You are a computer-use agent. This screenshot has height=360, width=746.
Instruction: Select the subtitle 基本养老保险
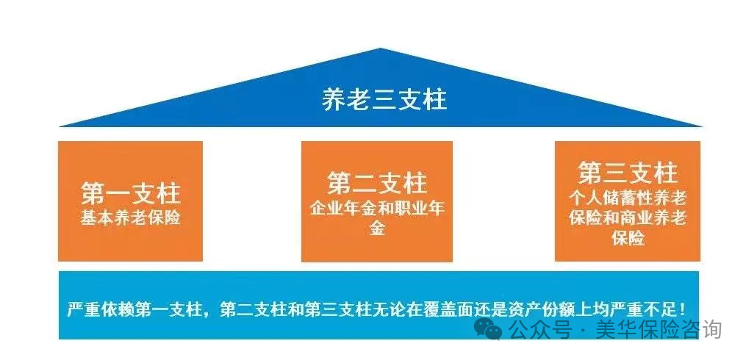pos(130,218)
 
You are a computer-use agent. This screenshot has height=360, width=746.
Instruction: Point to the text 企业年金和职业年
pos(377,207)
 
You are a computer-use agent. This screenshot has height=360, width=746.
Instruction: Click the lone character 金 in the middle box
pos(377,228)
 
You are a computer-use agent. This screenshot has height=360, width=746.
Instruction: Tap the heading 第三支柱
pos(627,174)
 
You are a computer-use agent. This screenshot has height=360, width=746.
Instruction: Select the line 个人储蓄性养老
pos(627,198)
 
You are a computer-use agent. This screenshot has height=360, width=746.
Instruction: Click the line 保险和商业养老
pos(627,218)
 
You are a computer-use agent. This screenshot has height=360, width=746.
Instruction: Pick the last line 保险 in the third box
pos(627,239)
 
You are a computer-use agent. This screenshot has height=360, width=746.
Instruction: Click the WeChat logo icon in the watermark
pos(489,328)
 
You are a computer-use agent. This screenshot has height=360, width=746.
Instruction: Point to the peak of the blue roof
pos(381,51)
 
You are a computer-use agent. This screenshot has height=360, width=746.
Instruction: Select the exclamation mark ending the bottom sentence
pos(684,308)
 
